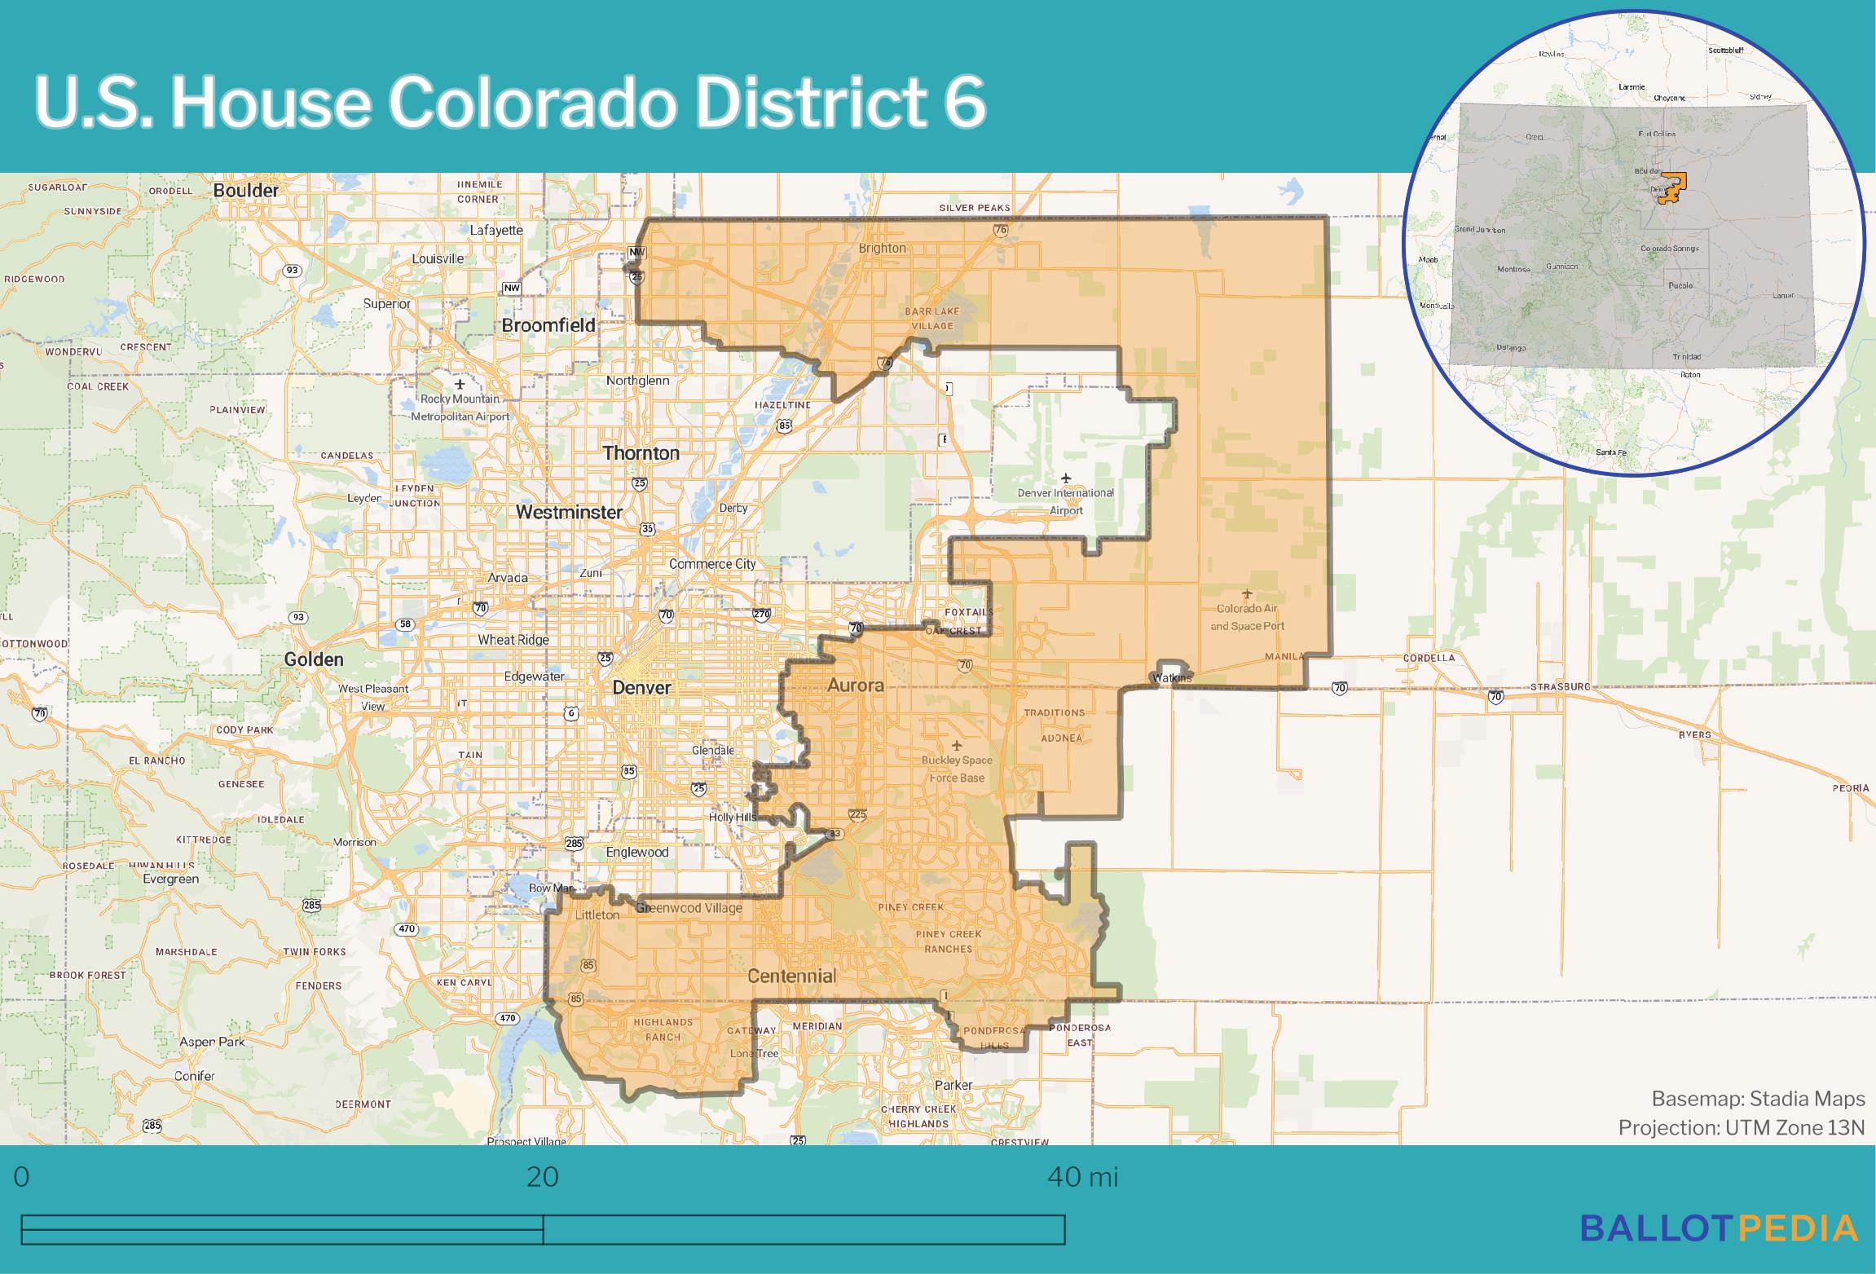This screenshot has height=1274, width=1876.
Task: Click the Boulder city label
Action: click(x=245, y=190)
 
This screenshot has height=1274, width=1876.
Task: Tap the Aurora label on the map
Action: click(x=855, y=685)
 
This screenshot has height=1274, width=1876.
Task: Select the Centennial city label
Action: click(x=791, y=976)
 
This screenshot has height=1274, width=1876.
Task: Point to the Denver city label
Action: click(x=641, y=687)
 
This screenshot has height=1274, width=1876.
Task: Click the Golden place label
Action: click(x=314, y=659)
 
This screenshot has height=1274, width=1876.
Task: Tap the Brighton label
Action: click(x=882, y=248)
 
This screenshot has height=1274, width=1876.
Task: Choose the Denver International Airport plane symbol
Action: click(x=1065, y=478)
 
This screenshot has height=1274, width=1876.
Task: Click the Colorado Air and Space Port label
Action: click(x=1247, y=617)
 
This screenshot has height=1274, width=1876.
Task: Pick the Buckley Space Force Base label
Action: click(x=957, y=769)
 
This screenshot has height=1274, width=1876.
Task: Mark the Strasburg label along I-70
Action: click(x=1560, y=686)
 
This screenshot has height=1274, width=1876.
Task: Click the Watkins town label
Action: click(x=1172, y=677)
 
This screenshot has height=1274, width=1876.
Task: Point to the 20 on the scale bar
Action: click(x=542, y=1176)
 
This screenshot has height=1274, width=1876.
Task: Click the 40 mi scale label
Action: click(x=1082, y=1176)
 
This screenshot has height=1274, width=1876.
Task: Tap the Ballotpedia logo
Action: click(x=1719, y=1228)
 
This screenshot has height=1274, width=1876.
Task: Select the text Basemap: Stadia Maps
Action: click(x=1758, y=1099)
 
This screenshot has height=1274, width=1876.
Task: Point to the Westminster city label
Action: click(x=569, y=512)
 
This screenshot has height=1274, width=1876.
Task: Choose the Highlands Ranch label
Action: click(x=663, y=1029)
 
